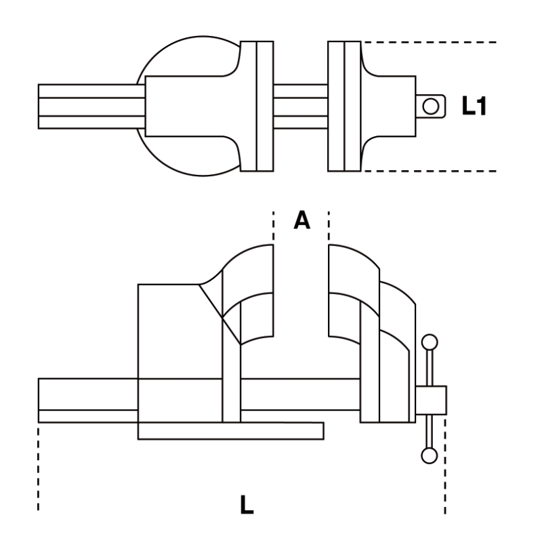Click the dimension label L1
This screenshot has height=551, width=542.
[x=475, y=106]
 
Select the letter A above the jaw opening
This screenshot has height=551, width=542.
[x=301, y=221]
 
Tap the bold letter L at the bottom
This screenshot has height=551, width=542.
[x=248, y=505]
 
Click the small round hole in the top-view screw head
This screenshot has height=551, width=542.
[x=430, y=106]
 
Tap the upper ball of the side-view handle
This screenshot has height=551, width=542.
[x=429, y=342]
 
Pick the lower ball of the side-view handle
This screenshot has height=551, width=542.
[x=429, y=455]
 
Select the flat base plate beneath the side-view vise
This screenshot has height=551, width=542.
[x=230, y=430]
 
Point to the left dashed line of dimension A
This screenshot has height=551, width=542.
[x=274, y=227]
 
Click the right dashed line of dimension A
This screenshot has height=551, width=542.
[x=329, y=227]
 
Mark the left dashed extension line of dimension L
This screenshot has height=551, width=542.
[x=39, y=468]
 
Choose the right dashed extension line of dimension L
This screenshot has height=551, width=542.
[x=445, y=468]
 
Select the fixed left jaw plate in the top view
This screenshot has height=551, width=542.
[x=257, y=106]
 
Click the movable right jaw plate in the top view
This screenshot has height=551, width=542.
[x=343, y=106]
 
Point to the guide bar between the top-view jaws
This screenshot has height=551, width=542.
[x=300, y=106]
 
